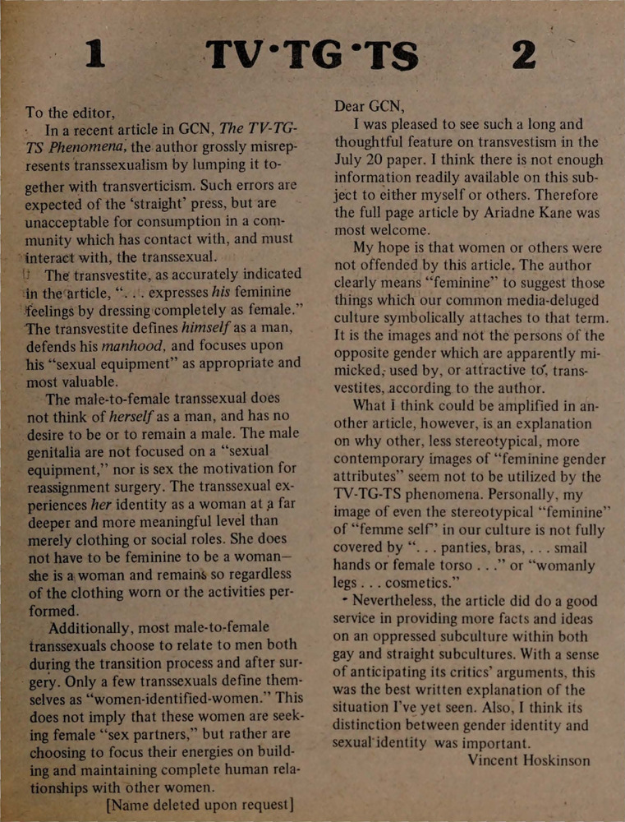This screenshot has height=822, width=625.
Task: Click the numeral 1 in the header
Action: coord(95,55)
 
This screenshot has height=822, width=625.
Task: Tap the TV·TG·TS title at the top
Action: coord(313,55)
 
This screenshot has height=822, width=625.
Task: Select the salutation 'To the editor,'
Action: coord(71,112)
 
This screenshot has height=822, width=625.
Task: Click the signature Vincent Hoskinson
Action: coord(529,760)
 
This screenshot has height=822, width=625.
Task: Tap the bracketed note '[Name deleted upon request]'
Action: coord(200,805)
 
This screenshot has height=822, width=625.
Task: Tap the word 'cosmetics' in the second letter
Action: coord(422,584)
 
